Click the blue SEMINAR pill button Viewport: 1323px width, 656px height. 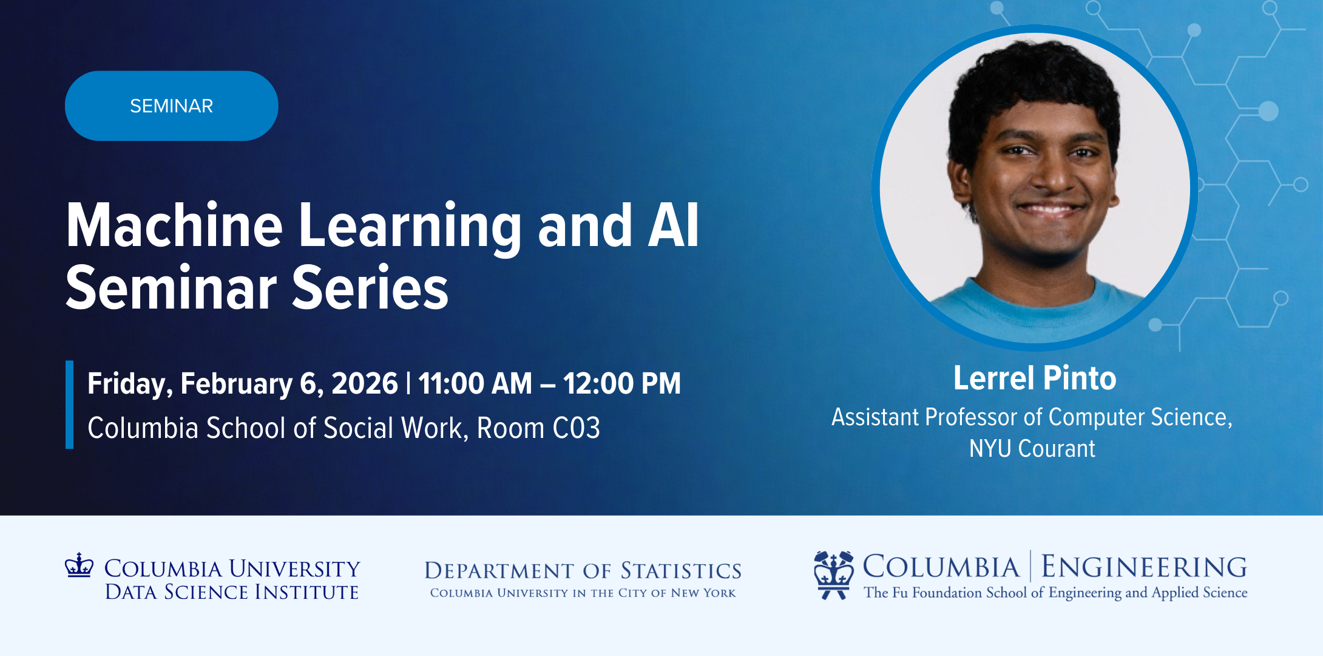pos(172,106)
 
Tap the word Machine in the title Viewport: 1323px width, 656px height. pos(174,225)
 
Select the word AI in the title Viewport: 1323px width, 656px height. pos(674,225)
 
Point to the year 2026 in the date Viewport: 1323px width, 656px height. pos(365,383)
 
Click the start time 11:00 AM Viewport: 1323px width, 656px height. pos(475,383)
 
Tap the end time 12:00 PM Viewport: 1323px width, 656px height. pos(622,383)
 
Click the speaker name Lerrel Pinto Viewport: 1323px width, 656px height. pos(1035,378)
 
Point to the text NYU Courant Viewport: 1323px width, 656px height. pos(1032,448)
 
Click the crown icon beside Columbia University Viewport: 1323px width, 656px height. pos(79,564)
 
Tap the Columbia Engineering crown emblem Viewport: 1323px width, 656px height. pos(834,575)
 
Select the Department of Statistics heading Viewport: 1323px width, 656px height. pos(583,570)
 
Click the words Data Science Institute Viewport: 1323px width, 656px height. pos(232,592)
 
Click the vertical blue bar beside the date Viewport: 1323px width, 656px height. pos(69,405)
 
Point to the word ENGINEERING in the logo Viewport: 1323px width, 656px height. pos(1145,567)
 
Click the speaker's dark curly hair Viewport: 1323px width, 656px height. pos(1035,85)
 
